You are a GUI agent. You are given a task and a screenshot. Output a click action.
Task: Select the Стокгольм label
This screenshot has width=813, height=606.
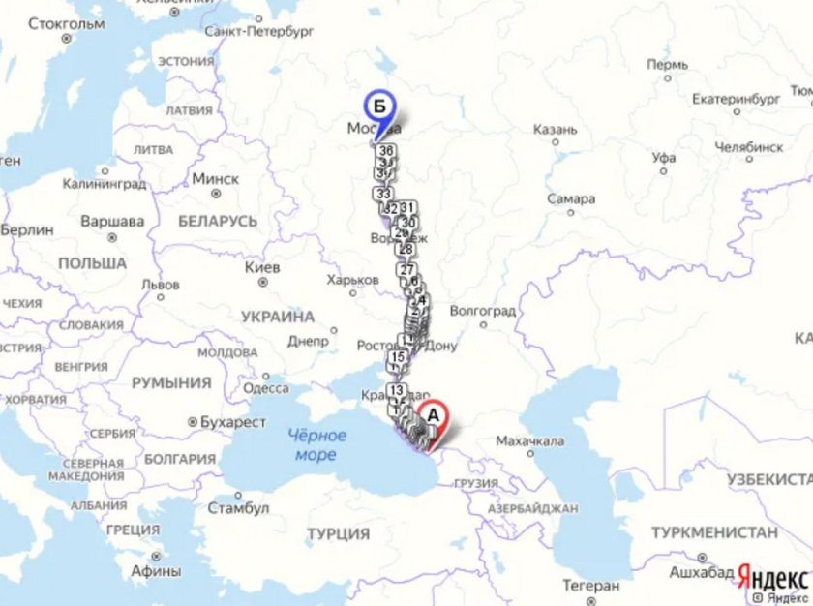[x=66, y=23]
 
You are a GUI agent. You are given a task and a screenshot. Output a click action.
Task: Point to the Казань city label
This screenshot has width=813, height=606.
[x=555, y=129]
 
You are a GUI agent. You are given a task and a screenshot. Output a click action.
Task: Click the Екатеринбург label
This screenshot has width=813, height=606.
[x=736, y=99]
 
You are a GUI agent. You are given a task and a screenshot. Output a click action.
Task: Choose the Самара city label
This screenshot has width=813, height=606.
[x=571, y=198]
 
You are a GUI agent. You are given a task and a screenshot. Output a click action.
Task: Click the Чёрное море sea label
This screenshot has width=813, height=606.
[x=316, y=444]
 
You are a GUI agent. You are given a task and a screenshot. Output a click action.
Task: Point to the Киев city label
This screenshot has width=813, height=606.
[x=262, y=267]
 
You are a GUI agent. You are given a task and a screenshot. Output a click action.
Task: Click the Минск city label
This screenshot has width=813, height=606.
[x=215, y=179]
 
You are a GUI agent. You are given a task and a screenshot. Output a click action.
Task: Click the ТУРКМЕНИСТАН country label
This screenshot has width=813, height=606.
[x=714, y=532]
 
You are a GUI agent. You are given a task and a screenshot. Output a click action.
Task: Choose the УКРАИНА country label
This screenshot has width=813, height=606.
[x=278, y=317]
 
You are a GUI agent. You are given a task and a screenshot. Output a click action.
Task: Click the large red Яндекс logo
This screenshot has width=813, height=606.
[x=773, y=577]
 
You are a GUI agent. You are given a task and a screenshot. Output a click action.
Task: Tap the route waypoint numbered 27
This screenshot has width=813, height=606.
[x=407, y=270]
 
